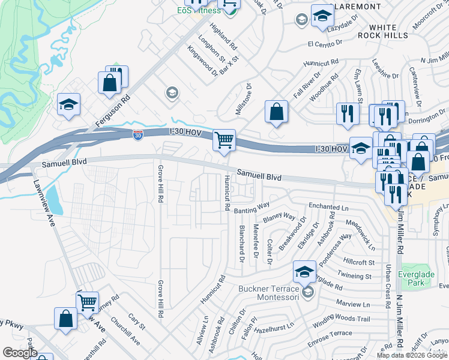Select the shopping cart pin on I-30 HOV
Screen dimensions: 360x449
pyautogui.click(x=224, y=141)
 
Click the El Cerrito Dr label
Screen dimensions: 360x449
pyautogui.click(x=325, y=43)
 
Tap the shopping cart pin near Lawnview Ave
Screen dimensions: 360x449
pyautogui.click(x=88, y=302)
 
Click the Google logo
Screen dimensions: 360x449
pyautogui.click(x=20, y=353)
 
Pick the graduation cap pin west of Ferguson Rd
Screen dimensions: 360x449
pyautogui.click(x=69, y=104)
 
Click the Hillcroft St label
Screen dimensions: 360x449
pyautogui.click(x=359, y=262)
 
